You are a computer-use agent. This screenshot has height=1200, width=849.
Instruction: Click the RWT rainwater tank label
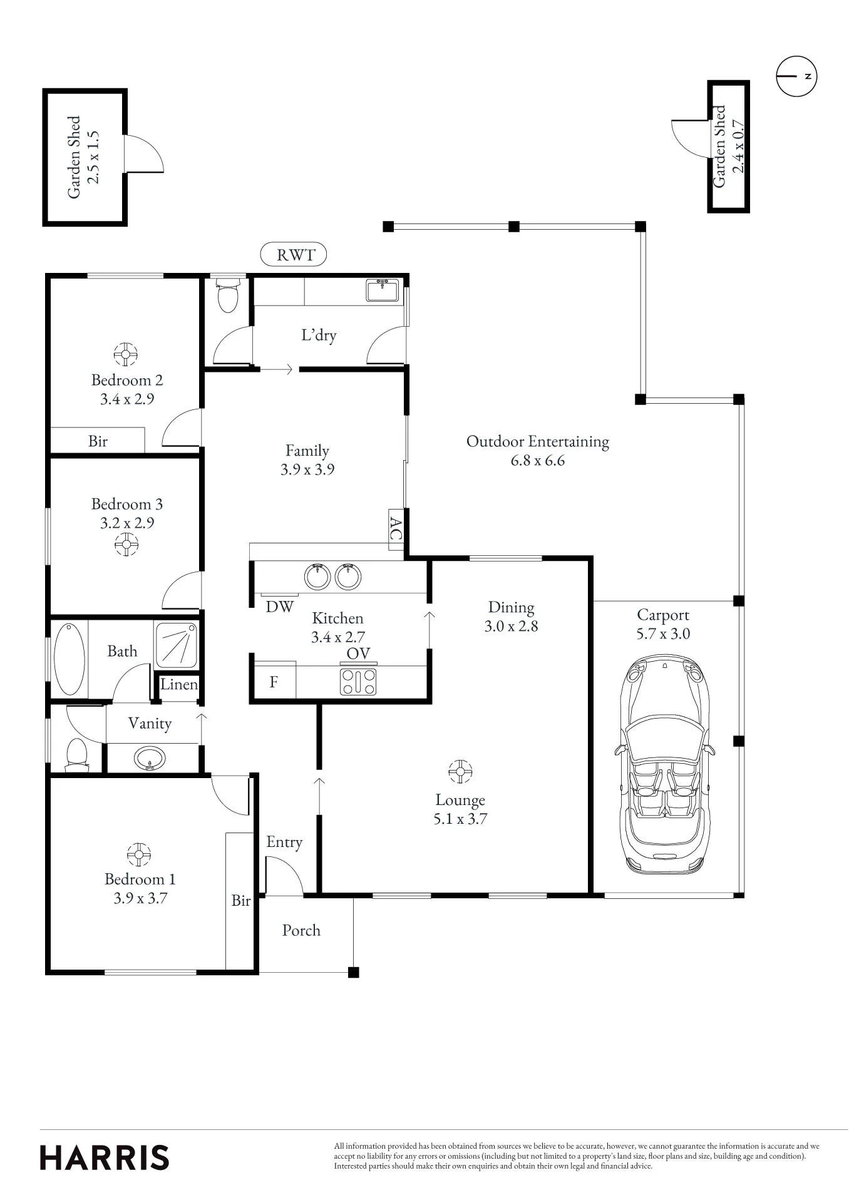point(294,255)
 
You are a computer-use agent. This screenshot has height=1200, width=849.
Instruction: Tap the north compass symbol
point(796,76)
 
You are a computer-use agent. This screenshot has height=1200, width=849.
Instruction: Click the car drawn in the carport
point(665,764)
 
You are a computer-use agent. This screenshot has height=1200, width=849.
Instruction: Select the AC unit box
point(396,529)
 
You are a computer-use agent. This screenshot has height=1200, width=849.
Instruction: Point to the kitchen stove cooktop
point(359,682)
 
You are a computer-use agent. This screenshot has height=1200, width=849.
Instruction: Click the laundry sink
point(383,291)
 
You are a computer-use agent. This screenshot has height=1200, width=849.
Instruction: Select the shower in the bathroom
point(176,644)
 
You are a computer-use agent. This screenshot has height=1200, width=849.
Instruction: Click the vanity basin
point(150,759)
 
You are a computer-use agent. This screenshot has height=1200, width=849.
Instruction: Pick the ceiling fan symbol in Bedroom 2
point(125,354)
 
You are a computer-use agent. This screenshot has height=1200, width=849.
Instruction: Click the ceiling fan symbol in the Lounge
point(460,772)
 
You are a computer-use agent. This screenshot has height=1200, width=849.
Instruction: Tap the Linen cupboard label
point(179,684)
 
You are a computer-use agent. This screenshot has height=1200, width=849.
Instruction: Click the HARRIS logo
point(105,1158)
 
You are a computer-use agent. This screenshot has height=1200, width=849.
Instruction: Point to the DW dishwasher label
point(279,607)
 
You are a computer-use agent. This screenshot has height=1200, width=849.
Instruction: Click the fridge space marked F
point(274,681)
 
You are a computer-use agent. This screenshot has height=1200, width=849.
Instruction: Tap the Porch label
point(301,931)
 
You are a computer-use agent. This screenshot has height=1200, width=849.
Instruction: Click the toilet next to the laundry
point(227,295)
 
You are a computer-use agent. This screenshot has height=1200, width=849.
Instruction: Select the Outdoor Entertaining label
point(538,441)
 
